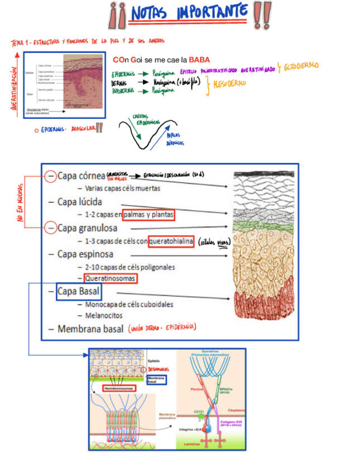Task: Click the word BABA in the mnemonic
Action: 199,60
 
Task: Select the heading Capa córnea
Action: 81,176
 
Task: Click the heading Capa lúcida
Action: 79,201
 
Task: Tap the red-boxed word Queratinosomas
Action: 110,278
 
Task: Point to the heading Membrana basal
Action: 89,329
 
